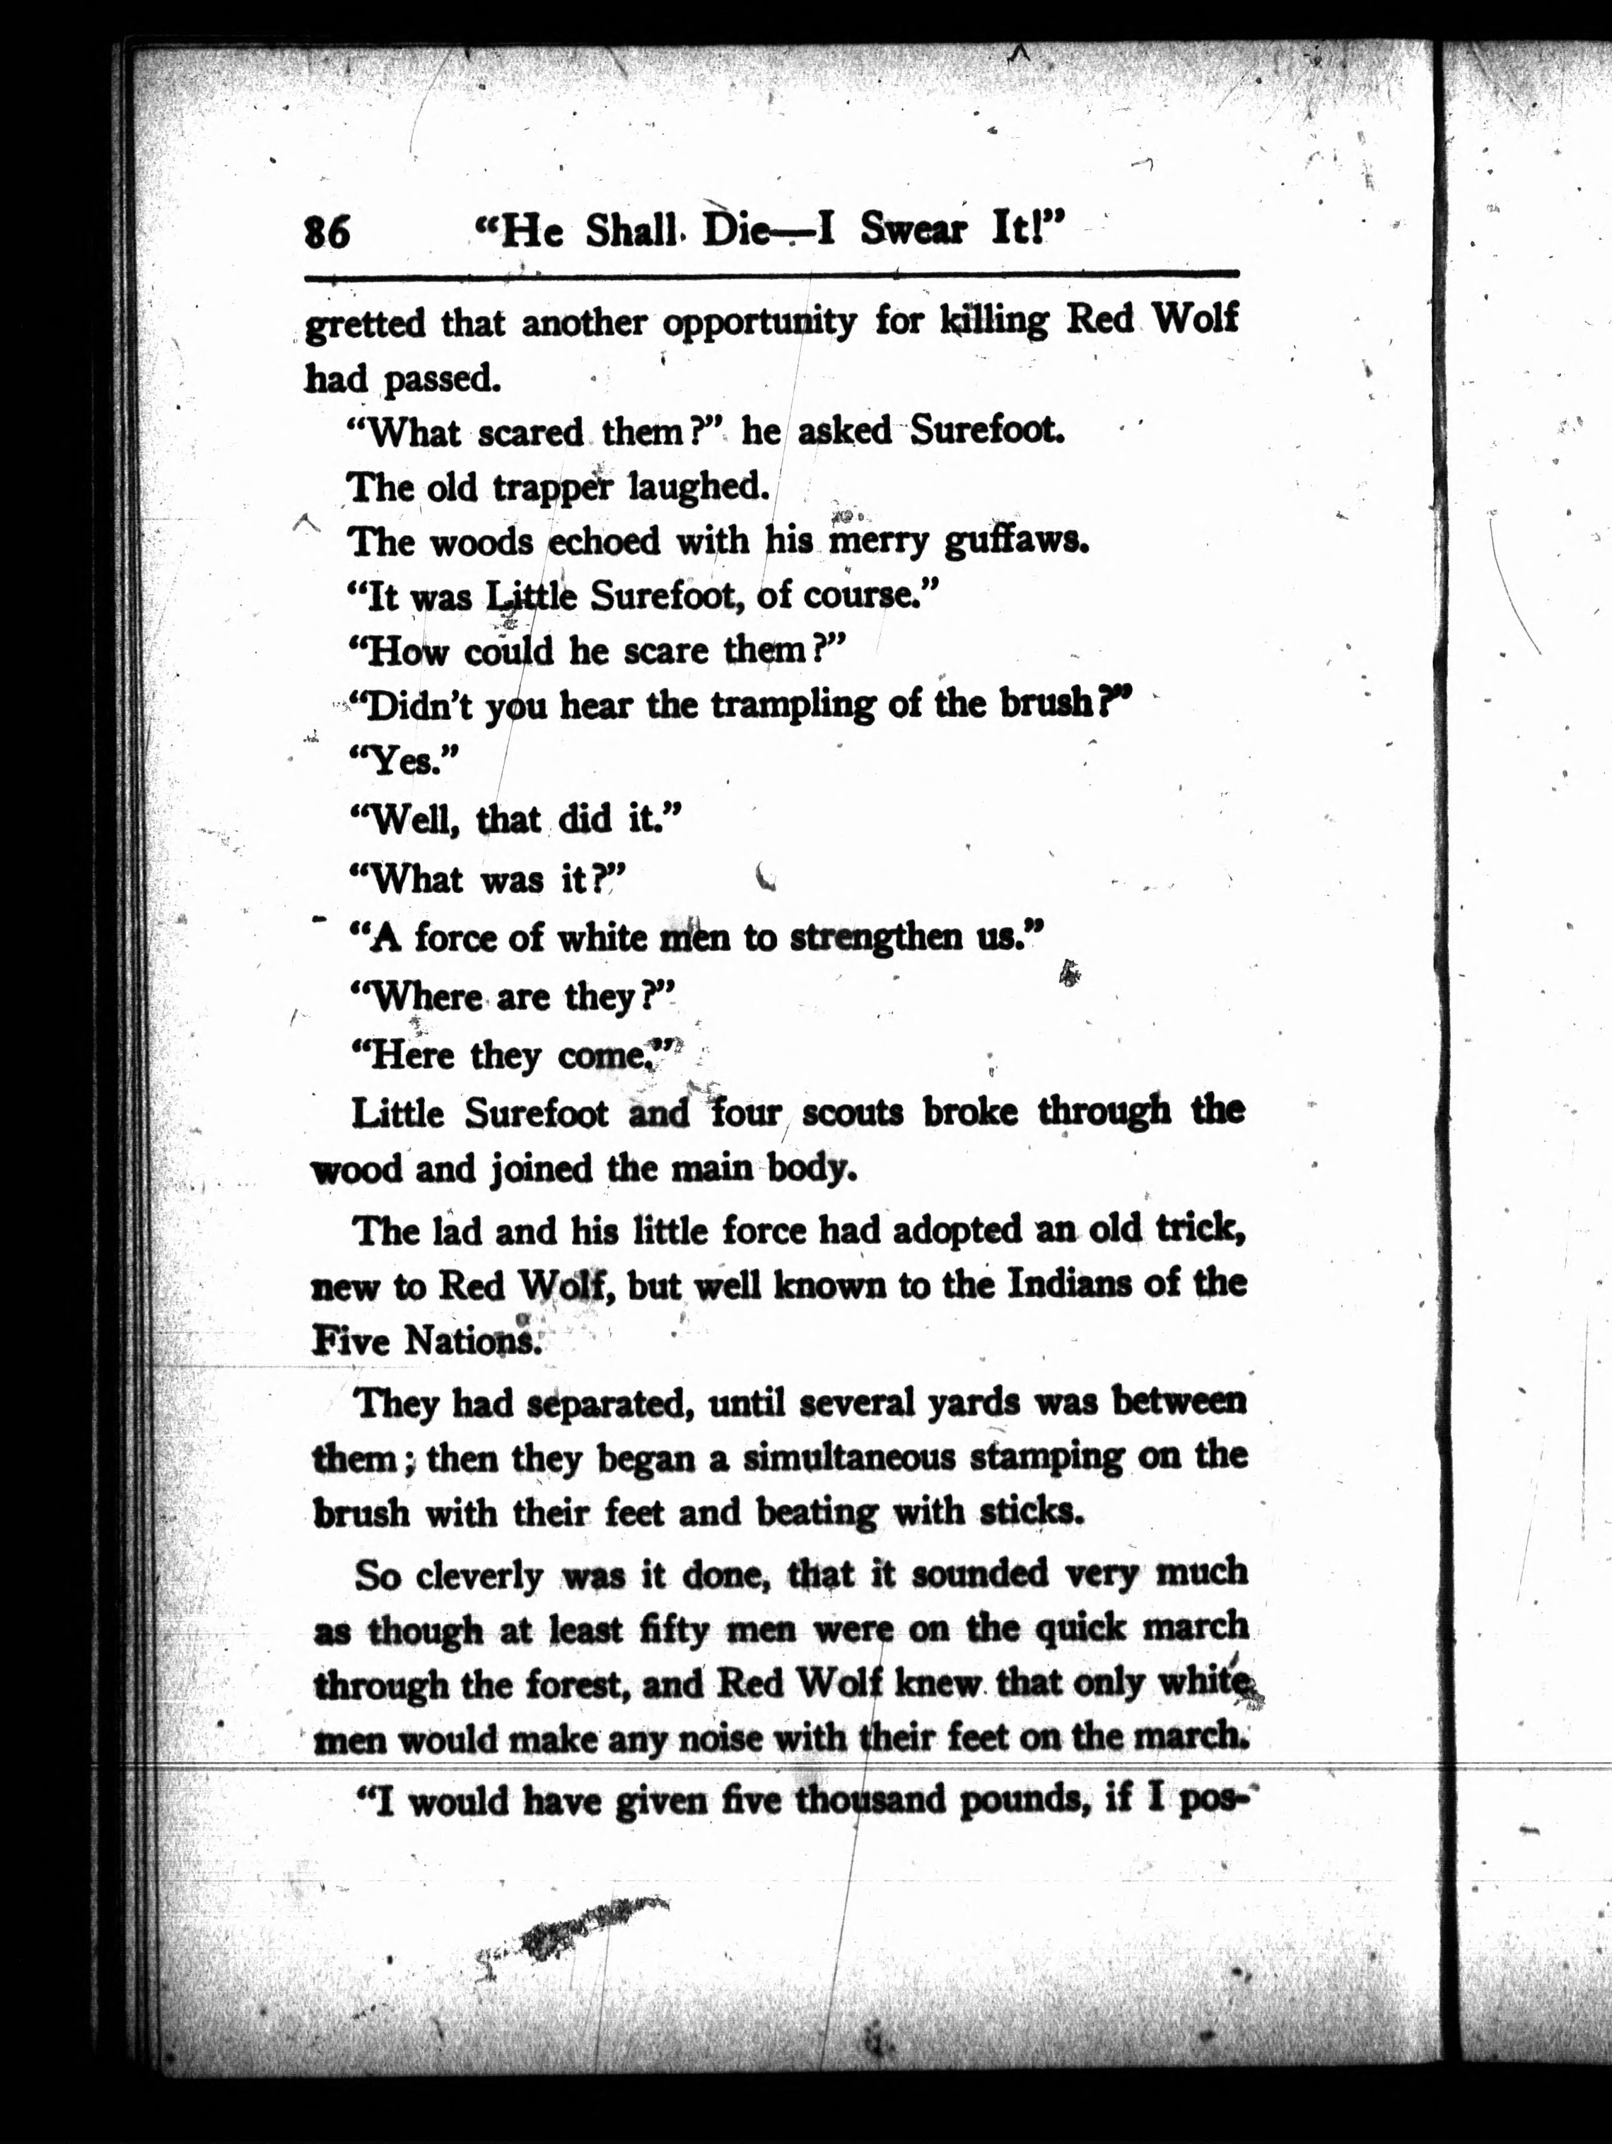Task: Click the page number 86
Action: tap(327, 233)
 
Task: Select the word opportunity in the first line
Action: tap(759, 322)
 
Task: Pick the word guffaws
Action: tap(1017, 541)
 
